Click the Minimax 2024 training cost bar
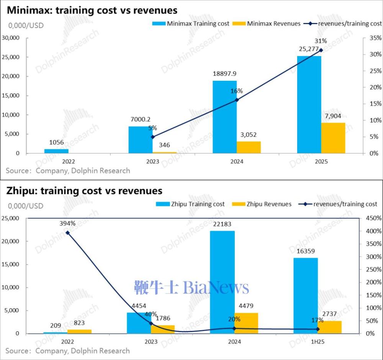point(224,117)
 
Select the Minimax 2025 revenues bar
point(333,138)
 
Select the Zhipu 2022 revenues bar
point(79,331)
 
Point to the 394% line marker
point(67,232)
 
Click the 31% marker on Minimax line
point(321,50)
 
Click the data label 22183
point(223,224)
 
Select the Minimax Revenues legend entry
point(268,23)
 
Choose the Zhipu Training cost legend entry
point(190,204)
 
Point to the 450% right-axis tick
point(371,218)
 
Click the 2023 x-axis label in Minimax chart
point(152,162)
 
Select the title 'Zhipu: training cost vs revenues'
point(84,190)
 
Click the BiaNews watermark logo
point(191,287)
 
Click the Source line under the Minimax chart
point(68,171)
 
